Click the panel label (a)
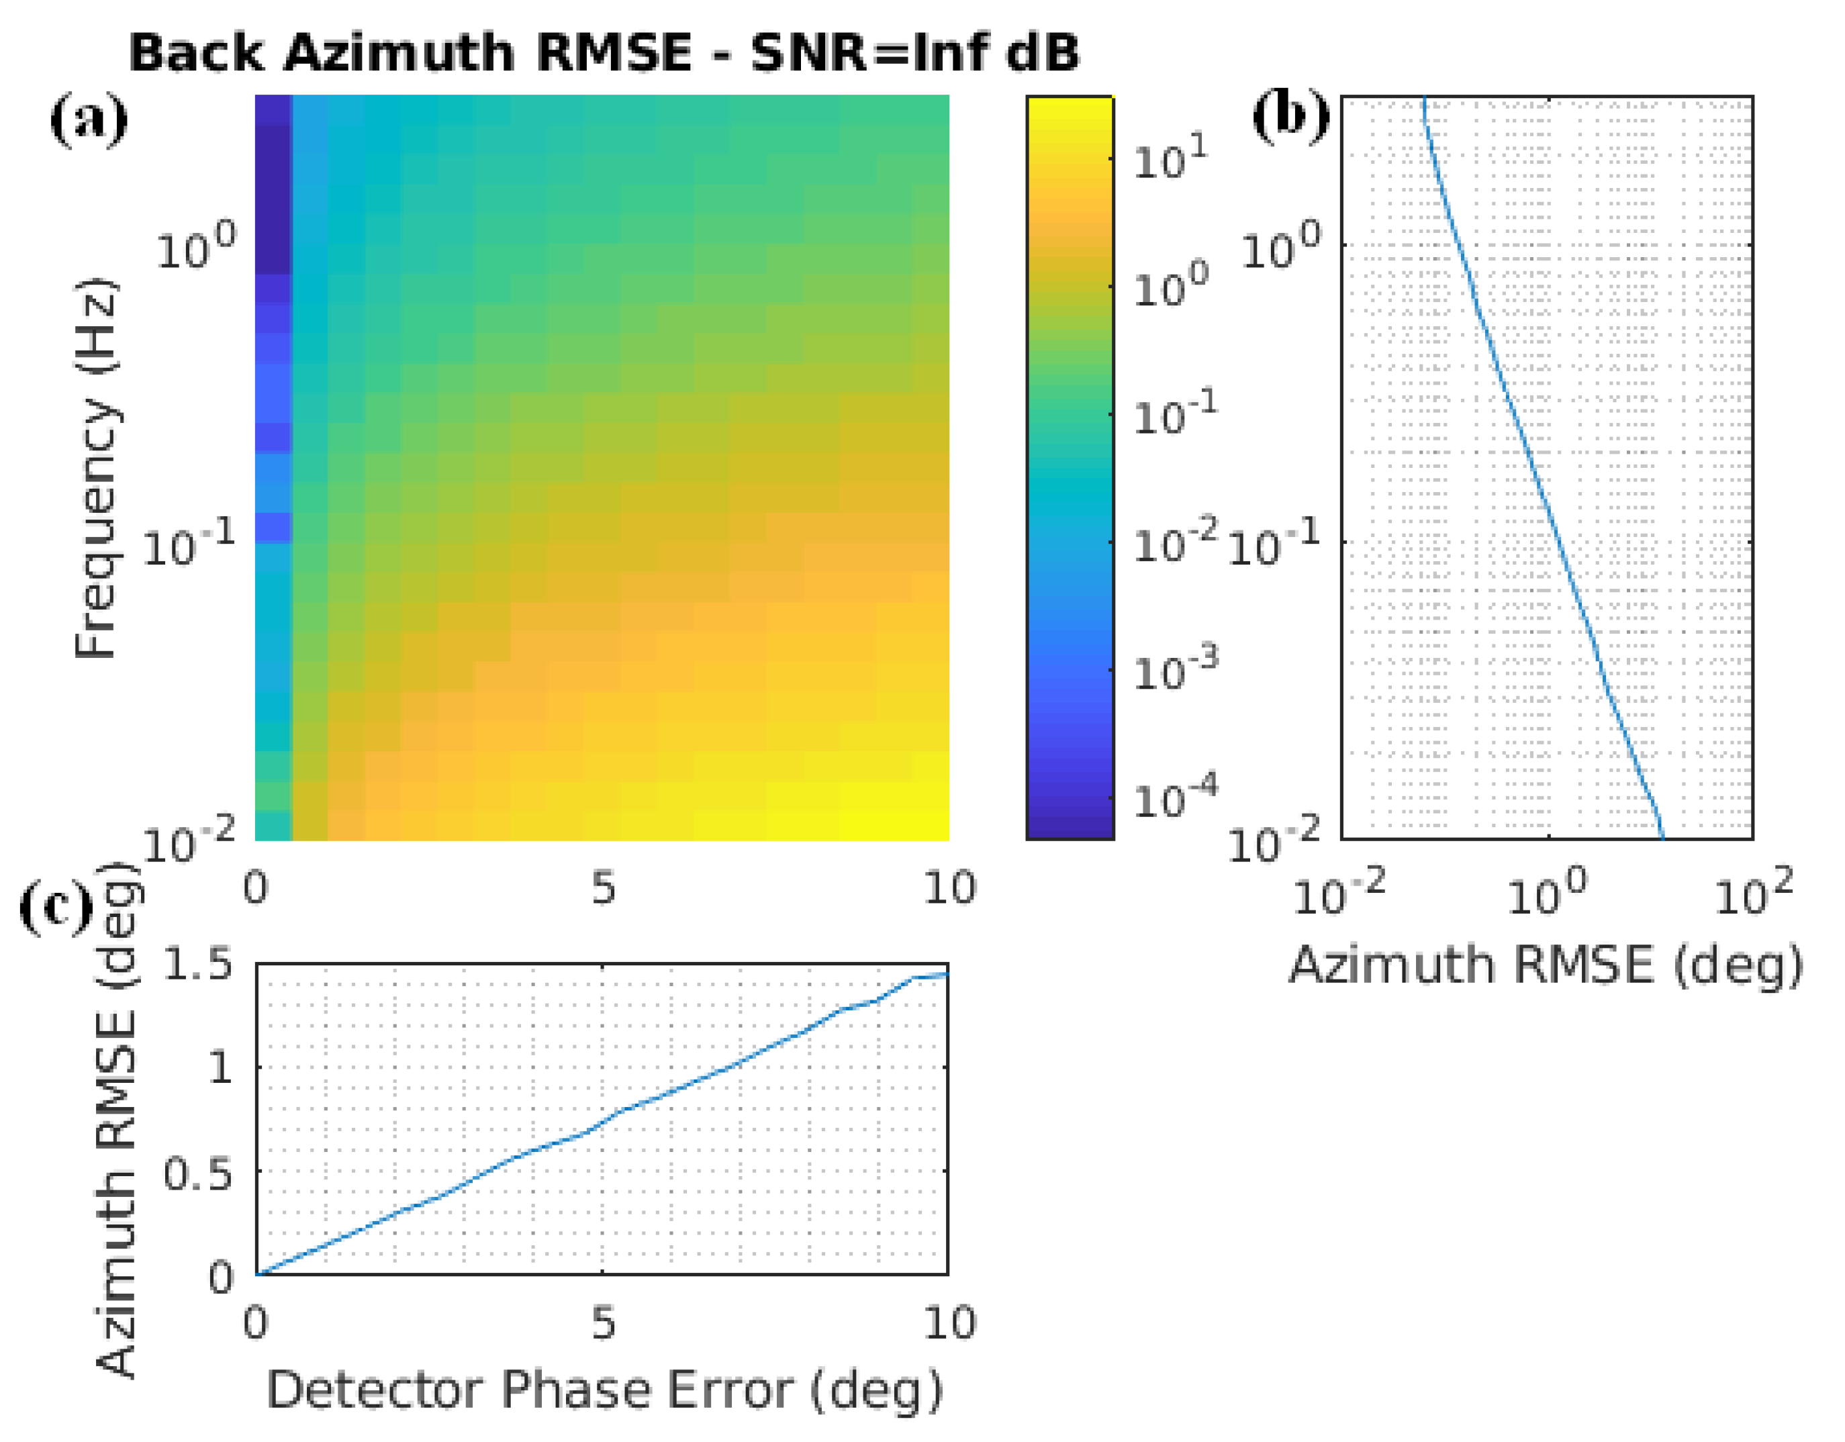89,121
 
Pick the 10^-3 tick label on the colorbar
1175,669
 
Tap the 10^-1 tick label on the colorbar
1175,414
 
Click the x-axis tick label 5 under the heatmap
603,889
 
